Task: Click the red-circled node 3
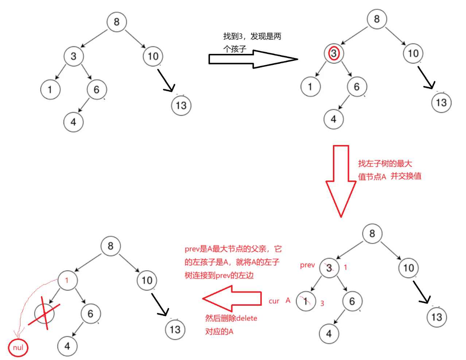(334, 54)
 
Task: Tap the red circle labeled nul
(18, 347)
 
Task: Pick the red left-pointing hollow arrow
(232, 298)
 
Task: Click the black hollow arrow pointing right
(253, 59)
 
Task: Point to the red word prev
(307, 265)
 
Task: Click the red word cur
(274, 301)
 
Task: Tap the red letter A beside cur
(288, 301)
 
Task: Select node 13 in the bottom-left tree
(175, 330)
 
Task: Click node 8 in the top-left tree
(117, 22)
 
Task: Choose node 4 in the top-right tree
(334, 119)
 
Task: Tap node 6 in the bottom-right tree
(352, 301)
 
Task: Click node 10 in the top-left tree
(153, 56)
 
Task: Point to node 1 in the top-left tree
(50, 90)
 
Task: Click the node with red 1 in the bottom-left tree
(67, 280)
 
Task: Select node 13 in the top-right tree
(441, 103)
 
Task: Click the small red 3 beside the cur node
(322, 303)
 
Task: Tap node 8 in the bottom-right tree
(372, 234)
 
